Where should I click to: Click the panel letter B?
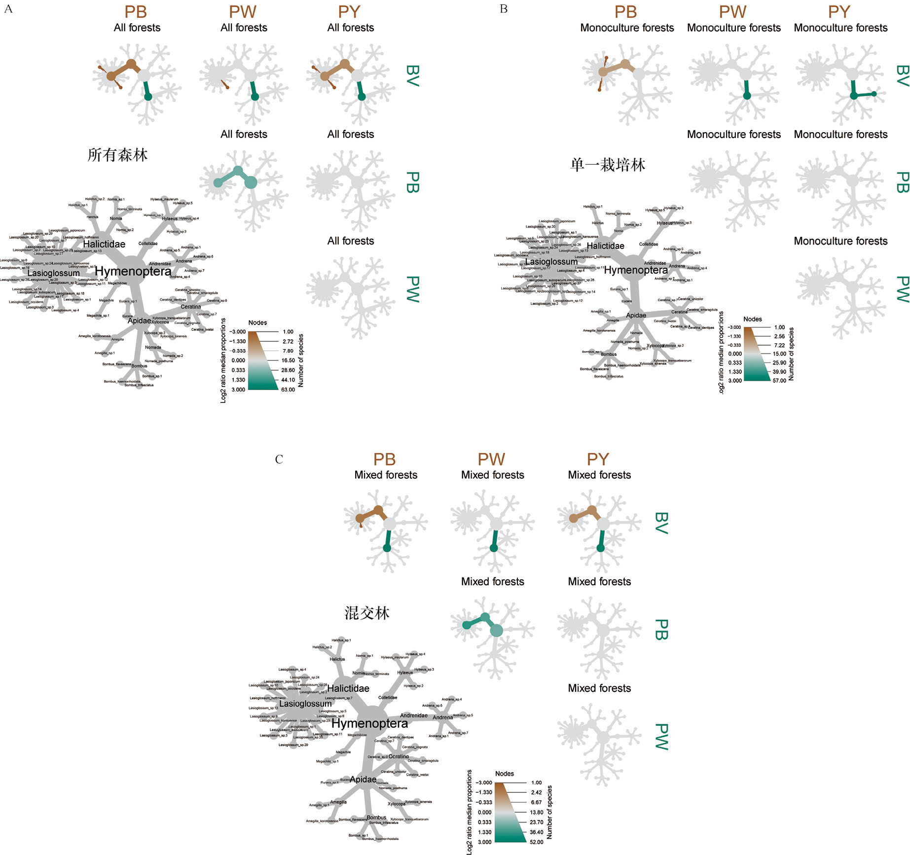point(504,9)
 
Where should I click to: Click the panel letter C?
point(279,460)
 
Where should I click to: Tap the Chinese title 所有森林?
point(117,155)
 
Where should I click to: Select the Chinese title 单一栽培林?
point(608,165)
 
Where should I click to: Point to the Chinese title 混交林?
point(367,613)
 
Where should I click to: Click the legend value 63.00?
point(288,390)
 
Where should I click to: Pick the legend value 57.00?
point(779,381)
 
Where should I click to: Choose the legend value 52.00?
point(536,842)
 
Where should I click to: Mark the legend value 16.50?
point(288,360)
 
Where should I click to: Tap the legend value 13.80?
point(537,812)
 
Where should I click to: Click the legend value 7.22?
point(779,345)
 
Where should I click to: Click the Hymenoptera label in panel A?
point(133,271)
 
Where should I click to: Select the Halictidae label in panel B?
point(605,246)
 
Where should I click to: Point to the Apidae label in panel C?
point(363,779)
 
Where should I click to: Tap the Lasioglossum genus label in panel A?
point(53,273)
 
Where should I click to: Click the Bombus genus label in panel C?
point(376,818)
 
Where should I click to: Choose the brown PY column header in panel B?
point(839,12)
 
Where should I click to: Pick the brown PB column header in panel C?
point(385,460)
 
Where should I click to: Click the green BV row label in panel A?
point(412,76)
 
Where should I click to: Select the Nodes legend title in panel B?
point(753,319)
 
